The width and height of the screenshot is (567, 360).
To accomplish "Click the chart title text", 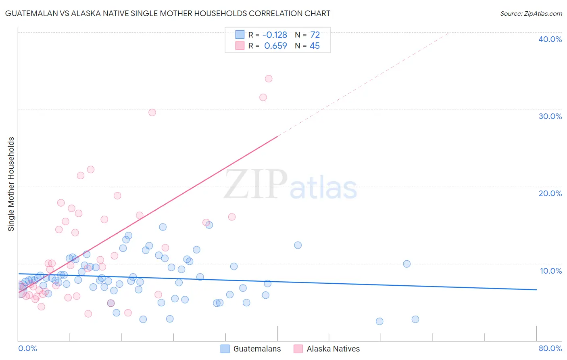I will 167,13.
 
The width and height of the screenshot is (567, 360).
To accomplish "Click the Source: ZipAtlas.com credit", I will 531,13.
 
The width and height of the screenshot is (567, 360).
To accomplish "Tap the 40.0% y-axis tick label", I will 550,39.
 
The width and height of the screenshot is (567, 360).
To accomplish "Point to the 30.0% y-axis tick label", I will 550,116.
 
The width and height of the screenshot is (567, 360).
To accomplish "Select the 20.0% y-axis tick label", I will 550,193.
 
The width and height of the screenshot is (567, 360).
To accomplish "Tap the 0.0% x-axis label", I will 27,348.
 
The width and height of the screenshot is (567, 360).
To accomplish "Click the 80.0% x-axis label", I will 550,348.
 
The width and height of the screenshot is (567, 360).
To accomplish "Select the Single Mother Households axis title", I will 11,184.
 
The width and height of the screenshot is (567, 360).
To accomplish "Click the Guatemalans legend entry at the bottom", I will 257,349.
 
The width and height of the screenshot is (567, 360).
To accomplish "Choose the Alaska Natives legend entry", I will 333,349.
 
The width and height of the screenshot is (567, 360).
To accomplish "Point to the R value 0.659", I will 275,46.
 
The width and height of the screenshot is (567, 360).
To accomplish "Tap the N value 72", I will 315,35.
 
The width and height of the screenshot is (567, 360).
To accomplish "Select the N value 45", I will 315,46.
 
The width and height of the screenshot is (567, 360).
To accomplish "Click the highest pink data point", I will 269,79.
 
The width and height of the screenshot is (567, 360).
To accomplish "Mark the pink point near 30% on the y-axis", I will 152,113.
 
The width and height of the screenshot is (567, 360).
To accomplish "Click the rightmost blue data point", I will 415,319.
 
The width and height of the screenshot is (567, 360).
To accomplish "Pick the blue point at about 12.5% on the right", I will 298,245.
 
